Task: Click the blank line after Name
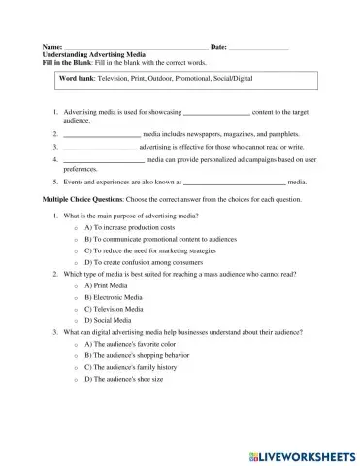[135, 47]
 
